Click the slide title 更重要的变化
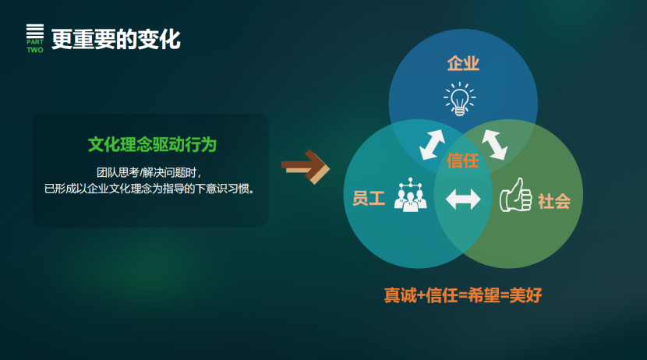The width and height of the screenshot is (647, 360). pyautogui.click(x=116, y=40)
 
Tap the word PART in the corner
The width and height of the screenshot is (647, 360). pyautogui.click(x=35, y=42)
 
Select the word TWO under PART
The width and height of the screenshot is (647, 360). pyautogui.click(x=35, y=50)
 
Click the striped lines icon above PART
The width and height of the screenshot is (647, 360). pyautogui.click(x=35, y=31)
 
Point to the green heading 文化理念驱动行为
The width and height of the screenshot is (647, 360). pyautogui.click(x=152, y=145)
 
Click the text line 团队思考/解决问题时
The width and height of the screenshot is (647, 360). pyautogui.click(x=149, y=172)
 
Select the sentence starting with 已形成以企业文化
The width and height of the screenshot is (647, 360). pyautogui.click(x=150, y=189)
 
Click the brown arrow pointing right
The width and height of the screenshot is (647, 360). pyautogui.click(x=306, y=167)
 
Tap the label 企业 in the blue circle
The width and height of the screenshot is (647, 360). pyautogui.click(x=463, y=63)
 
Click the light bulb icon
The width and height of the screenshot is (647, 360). pyautogui.click(x=460, y=99)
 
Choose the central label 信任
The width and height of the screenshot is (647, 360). pyautogui.click(x=462, y=161)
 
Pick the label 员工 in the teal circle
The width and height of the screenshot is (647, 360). pyautogui.click(x=369, y=198)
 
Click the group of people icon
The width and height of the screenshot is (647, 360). pyautogui.click(x=410, y=195)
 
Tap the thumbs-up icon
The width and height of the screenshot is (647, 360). pyautogui.click(x=515, y=195)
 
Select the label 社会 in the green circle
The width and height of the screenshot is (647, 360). pyautogui.click(x=554, y=202)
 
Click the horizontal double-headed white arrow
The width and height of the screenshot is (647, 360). pyautogui.click(x=463, y=199)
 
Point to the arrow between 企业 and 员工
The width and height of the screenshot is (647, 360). pyautogui.click(x=432, y=145)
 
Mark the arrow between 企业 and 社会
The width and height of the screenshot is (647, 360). pyautogui.click(x=494, y=145)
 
